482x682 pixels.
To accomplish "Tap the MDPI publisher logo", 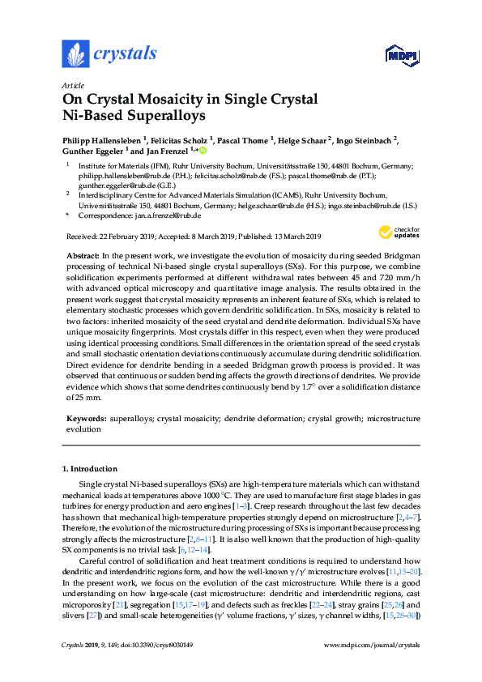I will point(399,55).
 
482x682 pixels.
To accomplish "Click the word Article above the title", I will point(73,85).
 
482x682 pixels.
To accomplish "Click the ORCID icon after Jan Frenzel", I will point(203,151).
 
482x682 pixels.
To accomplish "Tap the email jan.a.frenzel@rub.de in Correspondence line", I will point(168,216).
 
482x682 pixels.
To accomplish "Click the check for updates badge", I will point(398,232).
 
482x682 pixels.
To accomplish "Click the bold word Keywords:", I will point(86,420).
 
